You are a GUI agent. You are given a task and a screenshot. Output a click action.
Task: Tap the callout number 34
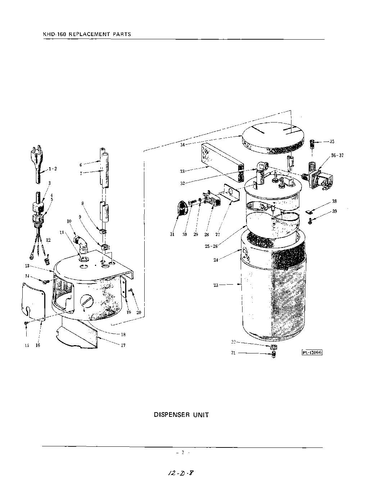(x=182, y=145)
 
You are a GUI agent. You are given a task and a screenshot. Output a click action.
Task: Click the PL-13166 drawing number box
(x=312, y=352)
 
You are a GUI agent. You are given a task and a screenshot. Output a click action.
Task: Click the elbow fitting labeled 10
(x=81, y=244)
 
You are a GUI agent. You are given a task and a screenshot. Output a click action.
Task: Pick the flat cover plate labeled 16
(x=33, y=300)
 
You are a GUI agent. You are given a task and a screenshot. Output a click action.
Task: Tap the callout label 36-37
(x=337, y=156)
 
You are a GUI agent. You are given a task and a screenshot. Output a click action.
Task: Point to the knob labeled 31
(x=182, y=209)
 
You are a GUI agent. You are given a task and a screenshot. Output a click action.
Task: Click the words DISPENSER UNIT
(x=181, y=415)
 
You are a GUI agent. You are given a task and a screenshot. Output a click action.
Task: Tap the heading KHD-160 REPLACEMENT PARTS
(x=86, y=35)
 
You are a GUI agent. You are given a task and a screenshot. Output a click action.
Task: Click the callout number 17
(x=123, y=345)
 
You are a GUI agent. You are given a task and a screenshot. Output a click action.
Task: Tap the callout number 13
(x=27, y=266)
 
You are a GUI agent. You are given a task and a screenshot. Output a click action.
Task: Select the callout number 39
(x=335, y=211)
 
